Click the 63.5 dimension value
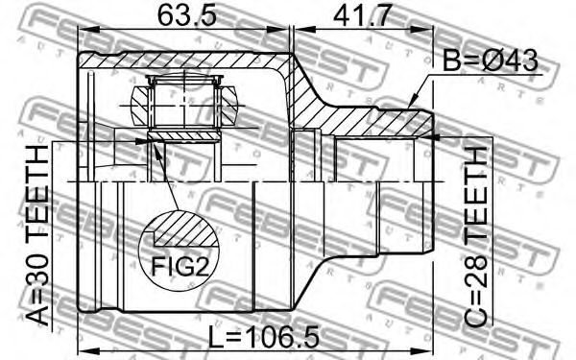[186, 15]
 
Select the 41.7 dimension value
[361, 15]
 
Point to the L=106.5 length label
[264, 337]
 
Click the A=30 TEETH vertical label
[37, 235]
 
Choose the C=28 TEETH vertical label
[475, 235]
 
